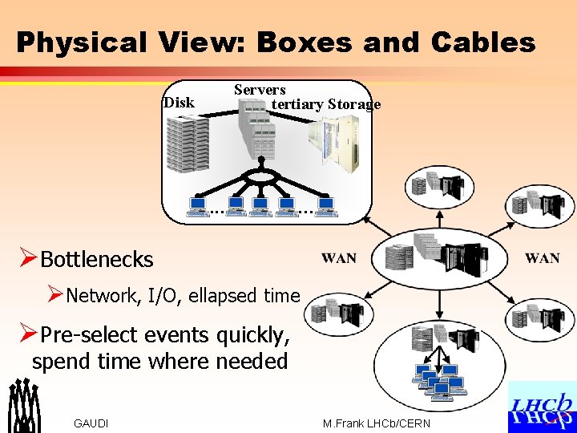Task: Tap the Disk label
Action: pyautogui.click(x=179, y=102)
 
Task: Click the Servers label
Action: pyautogui.click(x=260, y=89)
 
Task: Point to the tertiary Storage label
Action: pyautogui.click(x=325, y=104)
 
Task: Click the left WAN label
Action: pyautogui.click(x=339, y=258)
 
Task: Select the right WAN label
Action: pyautogui.click(x=543, y=258)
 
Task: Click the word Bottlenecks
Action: pyautogui.click(x=96, y=259)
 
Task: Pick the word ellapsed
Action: pyautogui.click(x=222, y=295)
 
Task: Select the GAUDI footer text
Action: pyautogui.click(x=91, y=423)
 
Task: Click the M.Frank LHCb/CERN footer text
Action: pyautogui.click(x=376, y=423)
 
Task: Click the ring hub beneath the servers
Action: pyautogui.click(x=260, y=176)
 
